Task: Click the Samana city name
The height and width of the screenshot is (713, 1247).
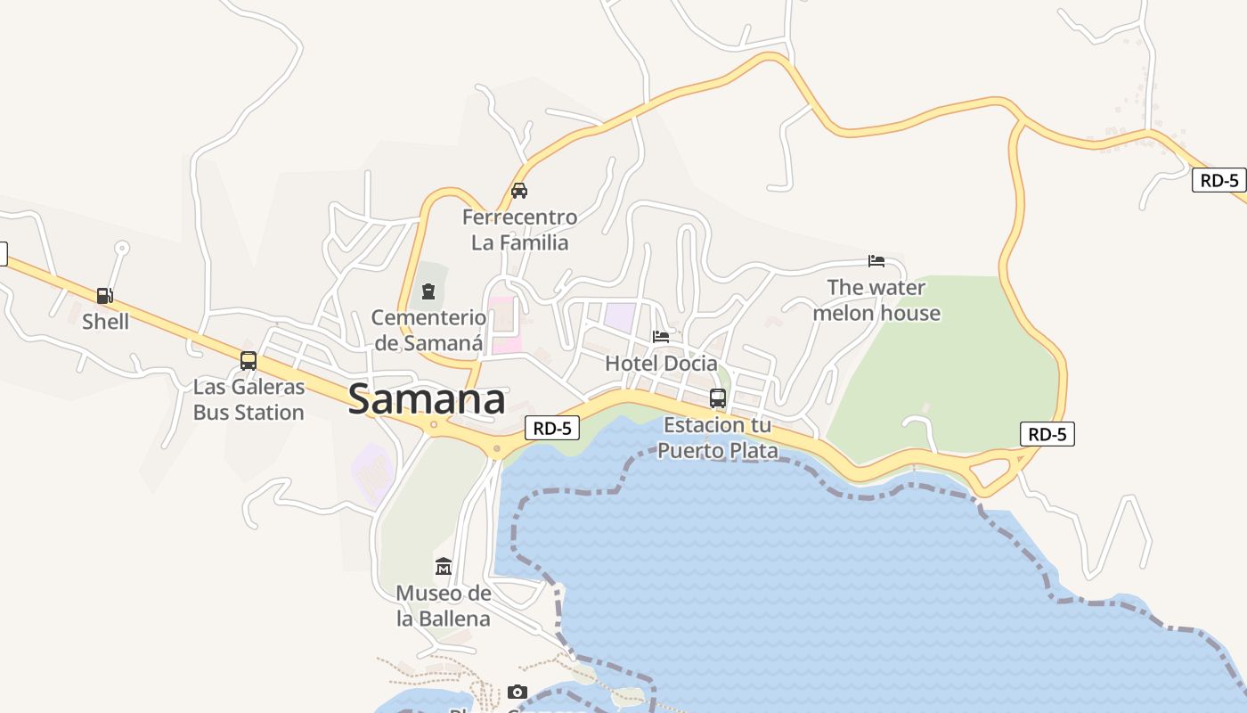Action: click(x=427, y=399)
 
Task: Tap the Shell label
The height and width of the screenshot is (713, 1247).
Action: click(x=105, y=322)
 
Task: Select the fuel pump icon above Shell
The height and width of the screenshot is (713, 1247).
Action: click(x=105, y=296)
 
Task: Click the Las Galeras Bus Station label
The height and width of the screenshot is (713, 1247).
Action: click(x=249, y=400)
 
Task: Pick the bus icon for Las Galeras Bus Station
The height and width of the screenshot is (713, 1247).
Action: click(x=249, y=361)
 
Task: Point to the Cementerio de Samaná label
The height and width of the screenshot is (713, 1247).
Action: click(x=428, y=330)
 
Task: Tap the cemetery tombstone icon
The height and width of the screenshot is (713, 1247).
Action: click(x=428, y=291)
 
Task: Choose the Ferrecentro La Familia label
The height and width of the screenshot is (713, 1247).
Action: click(x=519, y=230)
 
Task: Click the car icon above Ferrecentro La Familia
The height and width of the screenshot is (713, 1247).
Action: click(x=519, y=191)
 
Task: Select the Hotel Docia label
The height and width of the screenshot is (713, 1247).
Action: click(x=661, y=364)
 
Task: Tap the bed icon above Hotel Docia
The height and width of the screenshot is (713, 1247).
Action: click(x=661, y=337)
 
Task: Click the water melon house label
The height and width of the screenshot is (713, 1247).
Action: click(x=876, y=300)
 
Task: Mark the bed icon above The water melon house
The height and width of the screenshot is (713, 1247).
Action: click(x=876, y=261)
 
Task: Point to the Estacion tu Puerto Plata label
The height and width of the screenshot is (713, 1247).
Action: click(x=718, y=438)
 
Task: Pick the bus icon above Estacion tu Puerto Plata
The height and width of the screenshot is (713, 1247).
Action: click(x=718, y=398)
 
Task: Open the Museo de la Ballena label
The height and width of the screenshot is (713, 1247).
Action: click(x=444, y=606)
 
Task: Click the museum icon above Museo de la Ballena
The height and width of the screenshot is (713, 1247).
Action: click(x=444, y=567)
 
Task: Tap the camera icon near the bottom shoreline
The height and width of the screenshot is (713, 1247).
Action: click(x=517, y=693)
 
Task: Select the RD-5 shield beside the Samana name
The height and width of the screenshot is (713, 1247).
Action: click(x=552, y=429)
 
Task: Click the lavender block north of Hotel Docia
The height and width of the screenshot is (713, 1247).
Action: click(x=620, y=316)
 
